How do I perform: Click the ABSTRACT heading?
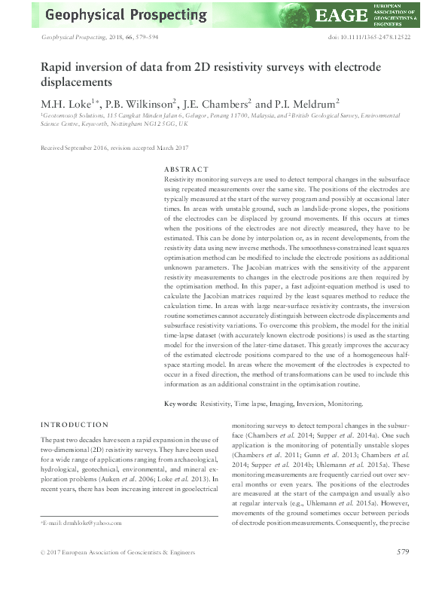coord(186,169)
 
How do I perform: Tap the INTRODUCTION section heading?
coord(76,425)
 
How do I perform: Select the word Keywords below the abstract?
coord(181,404)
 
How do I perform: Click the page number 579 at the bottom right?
coord(402,573)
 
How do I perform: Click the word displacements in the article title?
coord(76,82)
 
